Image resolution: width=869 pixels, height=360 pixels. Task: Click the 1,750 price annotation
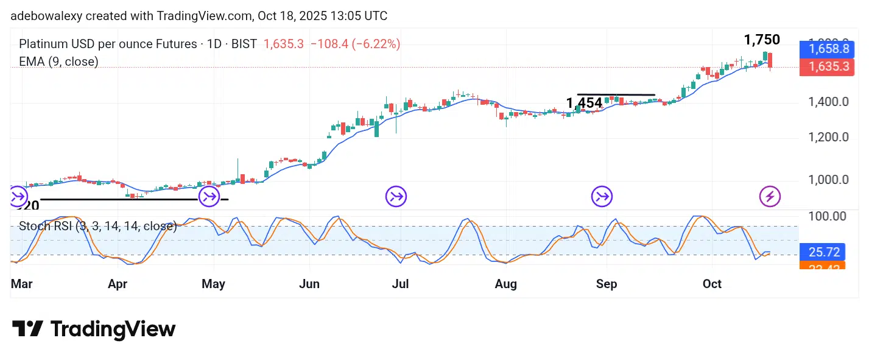click(x=761, y=40)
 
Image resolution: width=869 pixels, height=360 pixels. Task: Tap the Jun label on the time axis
click(x=309, y=284)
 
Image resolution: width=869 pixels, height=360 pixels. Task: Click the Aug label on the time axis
click(x=506, y=284)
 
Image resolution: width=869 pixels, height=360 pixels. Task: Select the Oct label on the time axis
click(x=712, y=284)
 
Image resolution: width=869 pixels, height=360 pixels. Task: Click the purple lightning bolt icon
click(x=770, y=197)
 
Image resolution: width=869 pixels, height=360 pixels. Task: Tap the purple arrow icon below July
click(x=396, y=197)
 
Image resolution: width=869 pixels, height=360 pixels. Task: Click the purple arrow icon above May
click(x=209, y=197)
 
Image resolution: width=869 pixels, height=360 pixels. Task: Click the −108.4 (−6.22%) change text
click(x=356, y=44)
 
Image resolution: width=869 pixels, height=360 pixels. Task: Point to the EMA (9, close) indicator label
click(x=58, y=62)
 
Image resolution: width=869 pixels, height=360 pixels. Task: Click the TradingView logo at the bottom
click(x=94, y=330)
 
